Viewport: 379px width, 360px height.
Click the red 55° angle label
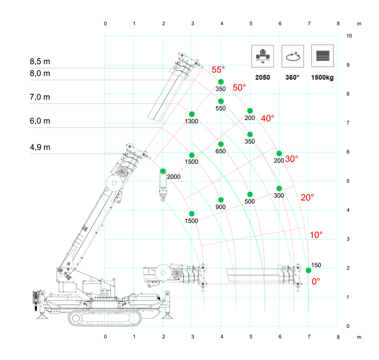point(218,70)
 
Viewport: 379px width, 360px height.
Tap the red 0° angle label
point(316,281)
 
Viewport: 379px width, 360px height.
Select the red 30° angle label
point(291,159)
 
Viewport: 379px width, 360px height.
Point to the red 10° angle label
point(316,235)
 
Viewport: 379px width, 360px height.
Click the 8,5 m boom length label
point(40,61)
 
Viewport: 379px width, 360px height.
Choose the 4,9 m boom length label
point(40,147)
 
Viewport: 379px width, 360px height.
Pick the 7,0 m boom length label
point(40,97)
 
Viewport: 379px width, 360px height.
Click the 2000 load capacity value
point(174,177)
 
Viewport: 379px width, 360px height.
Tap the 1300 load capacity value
point(192,122)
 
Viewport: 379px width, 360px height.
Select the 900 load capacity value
point(221,207)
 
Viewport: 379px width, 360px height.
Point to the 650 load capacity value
point(221,152)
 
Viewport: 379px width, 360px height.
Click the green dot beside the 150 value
point(308,270)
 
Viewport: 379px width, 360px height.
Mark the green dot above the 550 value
point(221,101)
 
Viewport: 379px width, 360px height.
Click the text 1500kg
point(323,77)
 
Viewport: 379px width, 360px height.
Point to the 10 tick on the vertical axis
point(349,36)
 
